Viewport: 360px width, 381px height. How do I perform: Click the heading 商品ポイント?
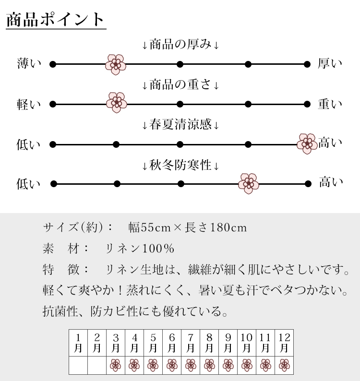click(x=55, y=20)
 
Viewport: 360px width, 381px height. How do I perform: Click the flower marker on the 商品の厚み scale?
click(x=116, y=64)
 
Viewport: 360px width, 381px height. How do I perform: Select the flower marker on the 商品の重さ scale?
click(x=117, y=103)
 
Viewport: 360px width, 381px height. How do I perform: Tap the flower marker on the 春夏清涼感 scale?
click(x=307, y=143)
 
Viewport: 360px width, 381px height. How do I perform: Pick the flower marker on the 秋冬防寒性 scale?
click(x=249, y=183)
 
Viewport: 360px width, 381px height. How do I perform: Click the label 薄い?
click(x=29, y=63)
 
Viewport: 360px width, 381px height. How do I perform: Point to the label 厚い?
click(x=330, y=63)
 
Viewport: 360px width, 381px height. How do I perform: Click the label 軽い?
click(x=29, y=105)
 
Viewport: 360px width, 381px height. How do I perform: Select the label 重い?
click(x=330, y=104)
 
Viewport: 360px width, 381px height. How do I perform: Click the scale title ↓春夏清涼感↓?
click(x=180, y=125)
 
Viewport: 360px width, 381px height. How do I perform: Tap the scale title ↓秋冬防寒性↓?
click(x=180, y=166)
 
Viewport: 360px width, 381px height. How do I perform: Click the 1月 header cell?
click(x=78, y=343)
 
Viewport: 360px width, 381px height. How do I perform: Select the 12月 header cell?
click(x=284, y=343)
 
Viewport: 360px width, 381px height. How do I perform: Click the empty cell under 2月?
click(x=97, y=366)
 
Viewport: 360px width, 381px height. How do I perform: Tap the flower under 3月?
click(x=116, y=365)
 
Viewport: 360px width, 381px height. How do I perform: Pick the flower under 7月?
click(x=191, y=365)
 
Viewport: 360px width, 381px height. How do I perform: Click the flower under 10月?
click(x=247, y=365)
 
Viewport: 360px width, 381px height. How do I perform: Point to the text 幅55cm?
click(x=149, y=227)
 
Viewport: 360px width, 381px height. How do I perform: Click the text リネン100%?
click(x=140, y=249)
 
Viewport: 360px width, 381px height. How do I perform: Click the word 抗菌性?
click(x=60, y=311)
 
